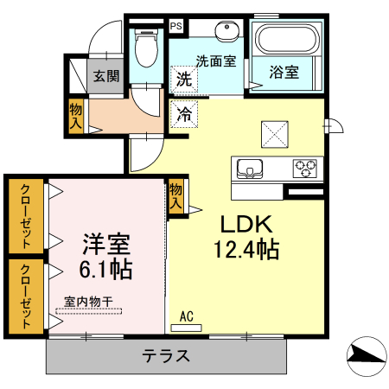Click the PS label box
tap(176, 26)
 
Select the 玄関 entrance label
tap(107, 75)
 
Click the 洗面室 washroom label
tap(215, 61)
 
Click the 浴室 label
tap(284, 73)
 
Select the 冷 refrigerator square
tap(184, 113)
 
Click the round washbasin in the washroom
tap(228, 29)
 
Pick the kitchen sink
tap(250, 169)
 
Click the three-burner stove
tap(305, 167)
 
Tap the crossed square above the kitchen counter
tap(277, 133)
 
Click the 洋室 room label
tap(107, 243)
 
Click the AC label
tap(186, 317)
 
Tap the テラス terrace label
tap(166, 356)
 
